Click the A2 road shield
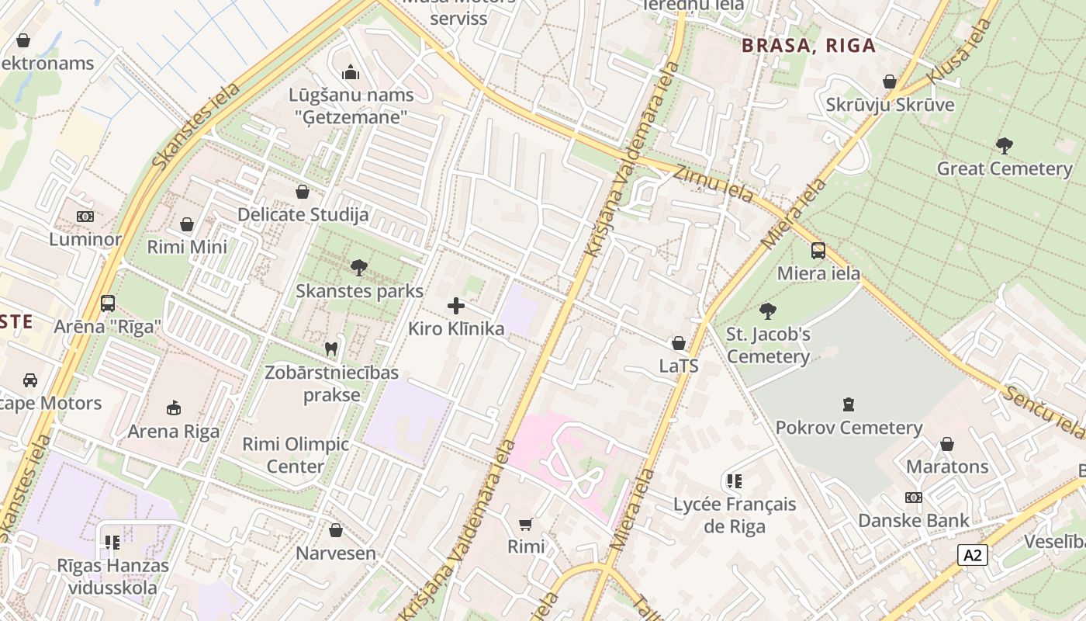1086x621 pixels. click(x=973, y=555)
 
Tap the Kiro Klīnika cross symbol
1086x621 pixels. click(x=456, y=305)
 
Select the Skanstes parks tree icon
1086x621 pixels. click(x=358, y=268)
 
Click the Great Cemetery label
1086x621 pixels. click(x=1004, y=168)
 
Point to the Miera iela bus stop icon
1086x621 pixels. click(x=818, y=251)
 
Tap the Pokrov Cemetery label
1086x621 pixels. click(x=849, y=428)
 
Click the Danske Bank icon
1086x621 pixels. click(x=913, y=498)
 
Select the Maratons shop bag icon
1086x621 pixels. click(x=946, y=444)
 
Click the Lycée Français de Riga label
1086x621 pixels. click(x=734, y=515)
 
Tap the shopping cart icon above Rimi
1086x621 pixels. click(x=526, y=524)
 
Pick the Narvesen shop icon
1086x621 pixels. click(x=335, y=530)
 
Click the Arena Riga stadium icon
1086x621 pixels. click(x=174, y=408)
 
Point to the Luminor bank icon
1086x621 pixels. click(x=85, y=217)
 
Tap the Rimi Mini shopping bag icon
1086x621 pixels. click(x=187, y=224)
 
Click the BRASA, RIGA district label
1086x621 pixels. click(x=808, y=45)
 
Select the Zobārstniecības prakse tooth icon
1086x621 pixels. click(x=331, y=349)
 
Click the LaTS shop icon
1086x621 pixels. click(x=679, y=343)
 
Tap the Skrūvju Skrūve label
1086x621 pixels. click(x=889, y=105)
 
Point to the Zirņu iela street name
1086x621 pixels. click(x=712, y=185)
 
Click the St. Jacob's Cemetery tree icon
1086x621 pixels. click(x=768, y=311)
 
